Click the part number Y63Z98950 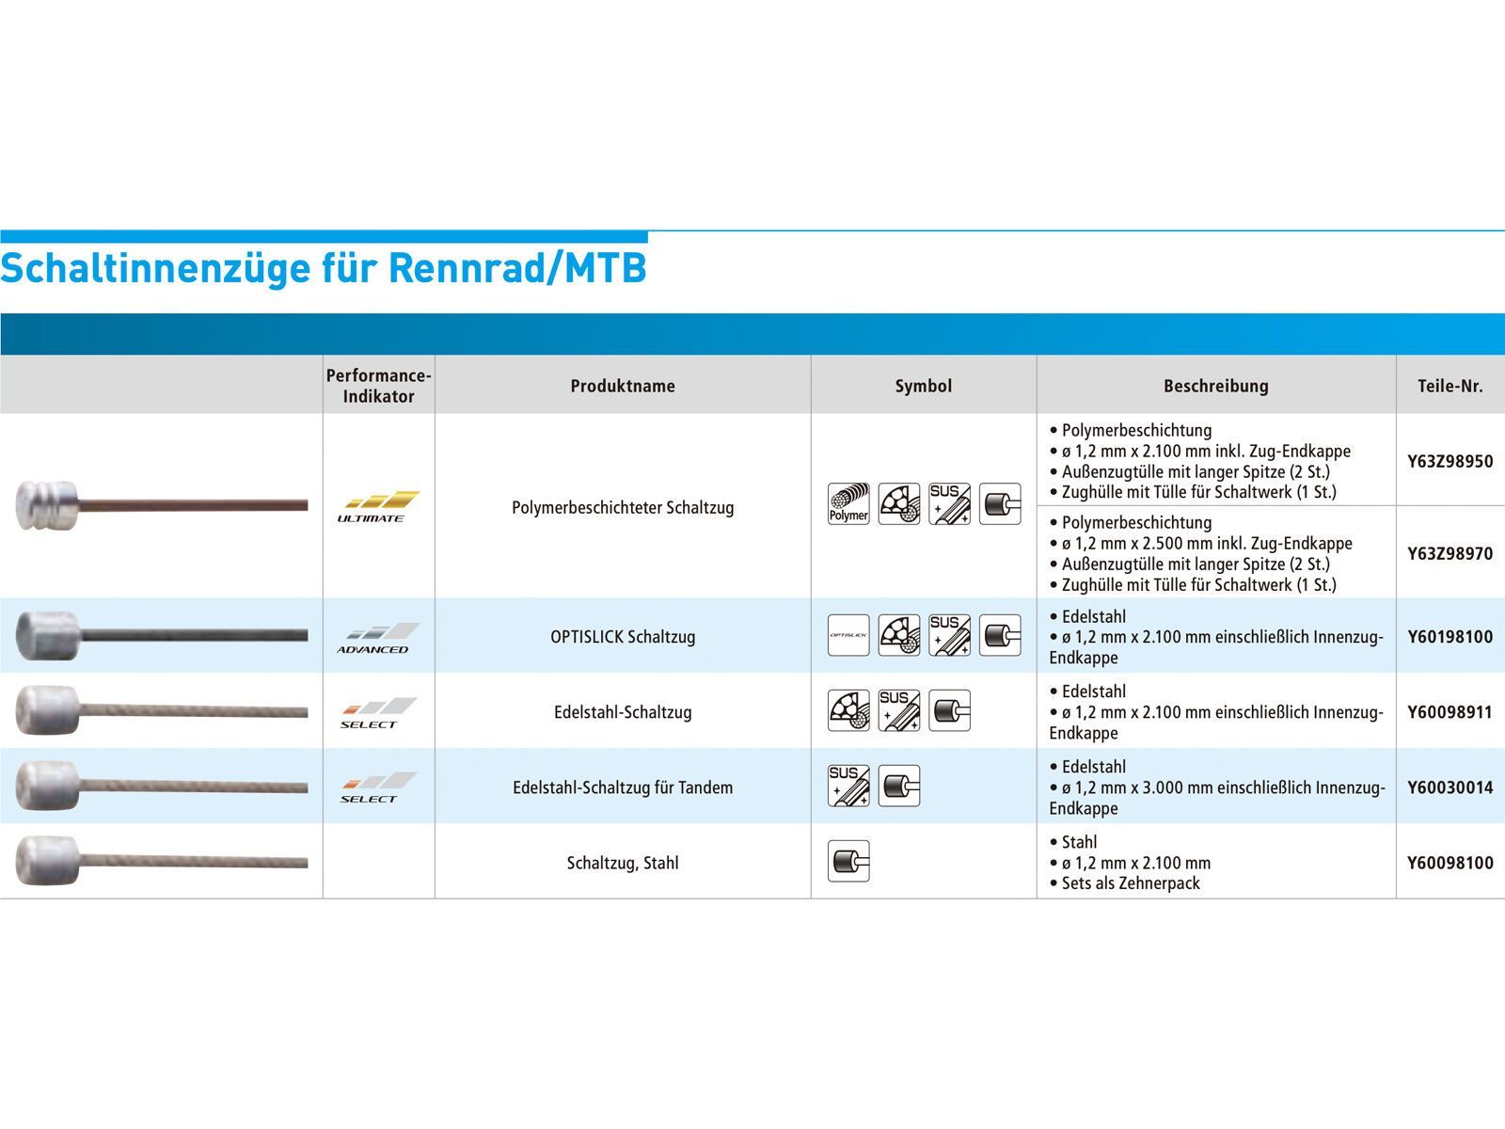[1450, 461]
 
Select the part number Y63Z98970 [1450, 553]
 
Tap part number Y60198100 [1450, 637]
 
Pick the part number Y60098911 [1450, 712]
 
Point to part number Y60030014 [1450, 787]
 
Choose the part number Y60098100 [1450, 863]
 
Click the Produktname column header [623, 386]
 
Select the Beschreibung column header [1215, 386]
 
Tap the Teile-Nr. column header [1450, 386]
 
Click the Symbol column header [923, 386]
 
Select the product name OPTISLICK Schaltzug [623, 637]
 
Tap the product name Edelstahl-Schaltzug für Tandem [623, 787]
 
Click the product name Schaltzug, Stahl [623, 863]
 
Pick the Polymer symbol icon [848, 504]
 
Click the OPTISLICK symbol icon [848, 636]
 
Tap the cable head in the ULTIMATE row [45, 505]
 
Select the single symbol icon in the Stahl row [848, 861]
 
